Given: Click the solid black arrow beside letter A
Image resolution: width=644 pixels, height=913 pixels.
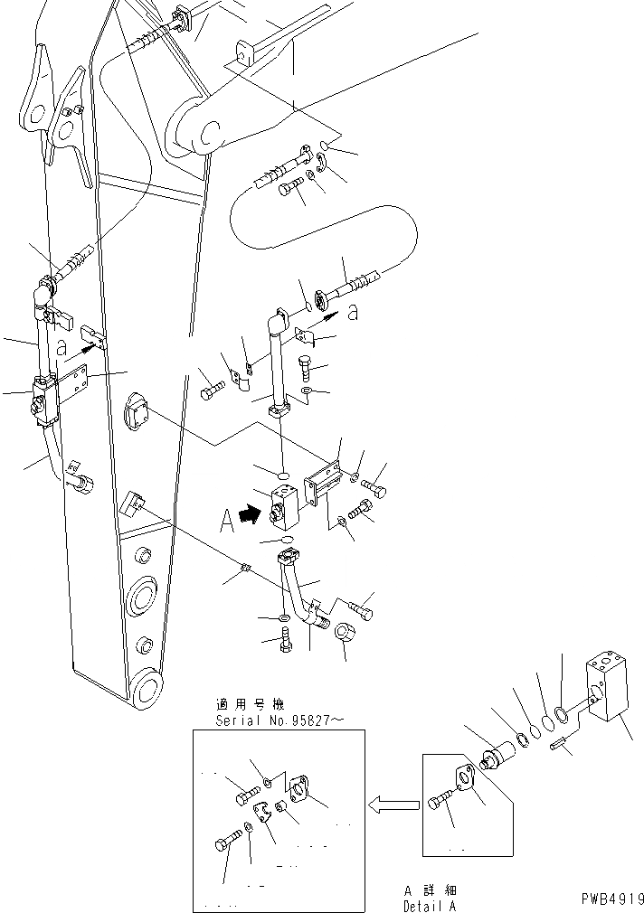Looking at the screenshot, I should [248, 516].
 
